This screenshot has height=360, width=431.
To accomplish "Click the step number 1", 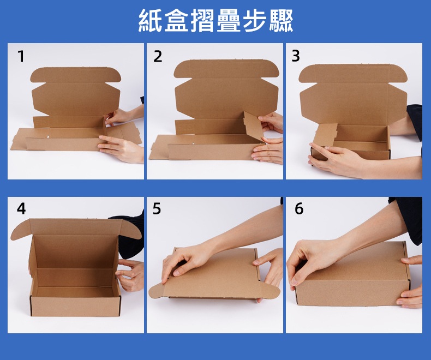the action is click(21, 56).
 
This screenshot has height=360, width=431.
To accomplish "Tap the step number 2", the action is click(158, 56).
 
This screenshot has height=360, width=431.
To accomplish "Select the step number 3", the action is click(296, 56).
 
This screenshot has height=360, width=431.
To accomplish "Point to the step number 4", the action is click(21, 208).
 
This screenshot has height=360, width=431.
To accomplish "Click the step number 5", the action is click(157, 208).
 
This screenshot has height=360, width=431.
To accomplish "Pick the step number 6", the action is click(299, 208).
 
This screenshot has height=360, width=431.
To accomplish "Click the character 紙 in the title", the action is click(150, 20).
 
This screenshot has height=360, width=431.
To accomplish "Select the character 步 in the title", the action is click(254, 20).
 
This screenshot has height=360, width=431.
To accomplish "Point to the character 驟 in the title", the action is click(280, 20).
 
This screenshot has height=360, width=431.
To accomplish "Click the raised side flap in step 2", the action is click(254, 126).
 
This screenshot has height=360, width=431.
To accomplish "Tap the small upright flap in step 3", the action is click(326, 134).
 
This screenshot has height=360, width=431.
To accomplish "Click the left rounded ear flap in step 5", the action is click(157, 291).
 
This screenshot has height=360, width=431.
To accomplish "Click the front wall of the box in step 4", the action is click(75, 306).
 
